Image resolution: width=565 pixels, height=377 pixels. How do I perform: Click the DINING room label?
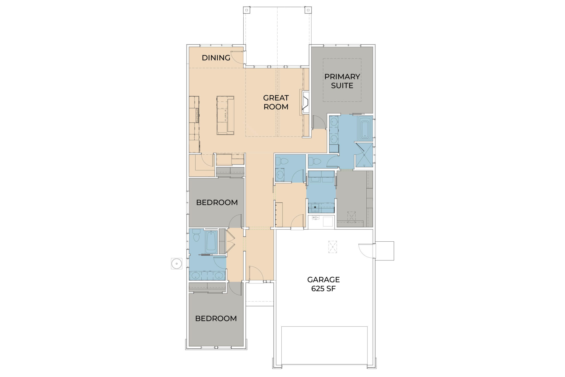pos(216,58)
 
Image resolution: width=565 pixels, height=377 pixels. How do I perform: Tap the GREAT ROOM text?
pos(276,102)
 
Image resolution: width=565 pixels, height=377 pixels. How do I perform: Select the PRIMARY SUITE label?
pos(342,81)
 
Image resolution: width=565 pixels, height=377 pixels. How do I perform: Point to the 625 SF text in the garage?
pos(323,289)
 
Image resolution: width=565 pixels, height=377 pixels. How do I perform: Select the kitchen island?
pos(225,115)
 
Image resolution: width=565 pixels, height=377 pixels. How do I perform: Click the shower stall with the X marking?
pos(364,155)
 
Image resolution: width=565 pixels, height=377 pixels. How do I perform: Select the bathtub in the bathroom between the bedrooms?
pos(211,242)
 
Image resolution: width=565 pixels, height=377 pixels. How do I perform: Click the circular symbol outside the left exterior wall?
pos(177,263)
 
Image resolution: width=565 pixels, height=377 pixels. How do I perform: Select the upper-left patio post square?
pos(246,10)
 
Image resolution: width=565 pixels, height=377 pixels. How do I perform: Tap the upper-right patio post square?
pos(308,10)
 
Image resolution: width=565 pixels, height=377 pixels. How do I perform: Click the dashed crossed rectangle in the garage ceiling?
pos(332,247)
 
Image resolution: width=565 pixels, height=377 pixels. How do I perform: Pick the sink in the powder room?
pos(280,174)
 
